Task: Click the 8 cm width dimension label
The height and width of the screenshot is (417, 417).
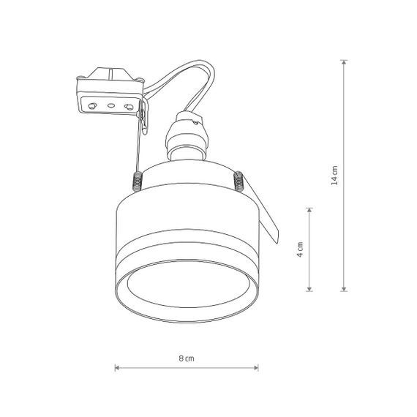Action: pyautogui.click(x=187, y=358)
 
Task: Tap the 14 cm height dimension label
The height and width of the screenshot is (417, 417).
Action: pyautogui.click(x=334, y=176)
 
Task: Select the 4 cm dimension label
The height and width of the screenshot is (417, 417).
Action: pyautogui.click(x=300, y=249)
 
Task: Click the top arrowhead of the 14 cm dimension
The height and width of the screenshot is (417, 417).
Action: pyautogui.click(x=344, y=62)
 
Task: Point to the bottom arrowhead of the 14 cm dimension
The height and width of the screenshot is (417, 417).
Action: pyautogui.click(x=344, y=289)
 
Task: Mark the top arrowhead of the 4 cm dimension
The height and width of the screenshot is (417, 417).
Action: pyautogui.click(x=309, y=210)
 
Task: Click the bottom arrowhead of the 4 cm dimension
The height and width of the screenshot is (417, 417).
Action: pyautogui.click(x=309, y=289)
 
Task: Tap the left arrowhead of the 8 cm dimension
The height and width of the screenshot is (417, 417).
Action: pyautogui.click(x=117, y=368)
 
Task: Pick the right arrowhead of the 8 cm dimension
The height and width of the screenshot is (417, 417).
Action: pyautogui.click(x=256, y=368)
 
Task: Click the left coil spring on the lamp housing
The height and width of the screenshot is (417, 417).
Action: pyautogui.click(x=138, y=181)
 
